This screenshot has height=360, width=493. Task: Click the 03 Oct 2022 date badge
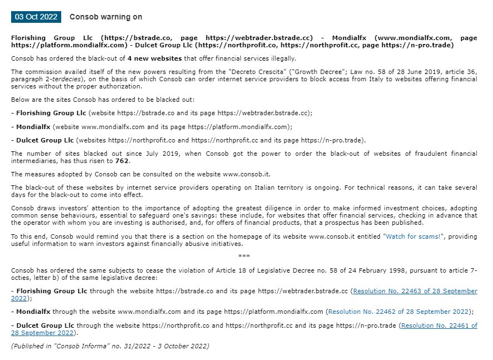point(36,17)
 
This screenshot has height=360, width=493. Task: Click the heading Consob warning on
point(106,17)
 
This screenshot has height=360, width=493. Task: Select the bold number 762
point(122,161)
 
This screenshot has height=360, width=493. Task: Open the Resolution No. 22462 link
point(398,312)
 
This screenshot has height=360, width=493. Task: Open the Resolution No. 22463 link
point(415,291)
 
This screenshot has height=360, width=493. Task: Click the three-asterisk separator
point(244,257)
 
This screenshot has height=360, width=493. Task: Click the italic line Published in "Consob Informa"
point(110,346)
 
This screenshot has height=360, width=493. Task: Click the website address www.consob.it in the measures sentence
point(248,174)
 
